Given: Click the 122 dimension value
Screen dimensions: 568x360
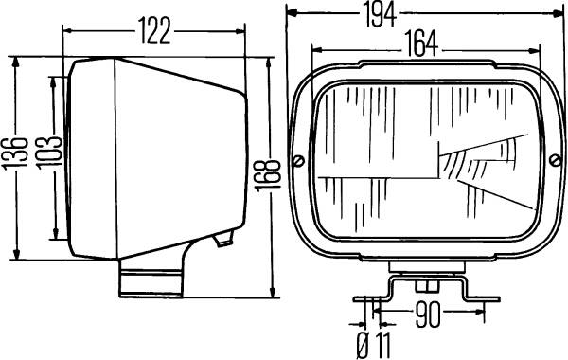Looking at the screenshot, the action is (154, 31).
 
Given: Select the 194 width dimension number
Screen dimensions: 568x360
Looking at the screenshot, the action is (380, 15).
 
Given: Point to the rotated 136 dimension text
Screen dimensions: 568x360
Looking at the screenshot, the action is (15, 153).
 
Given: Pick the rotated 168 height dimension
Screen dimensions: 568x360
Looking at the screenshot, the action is (267, 175).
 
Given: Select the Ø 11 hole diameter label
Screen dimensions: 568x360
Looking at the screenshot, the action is (374, 345).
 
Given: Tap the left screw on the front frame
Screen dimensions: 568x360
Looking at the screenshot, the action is (298, 160).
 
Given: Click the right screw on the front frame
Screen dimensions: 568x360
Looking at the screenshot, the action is (555, 160).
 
